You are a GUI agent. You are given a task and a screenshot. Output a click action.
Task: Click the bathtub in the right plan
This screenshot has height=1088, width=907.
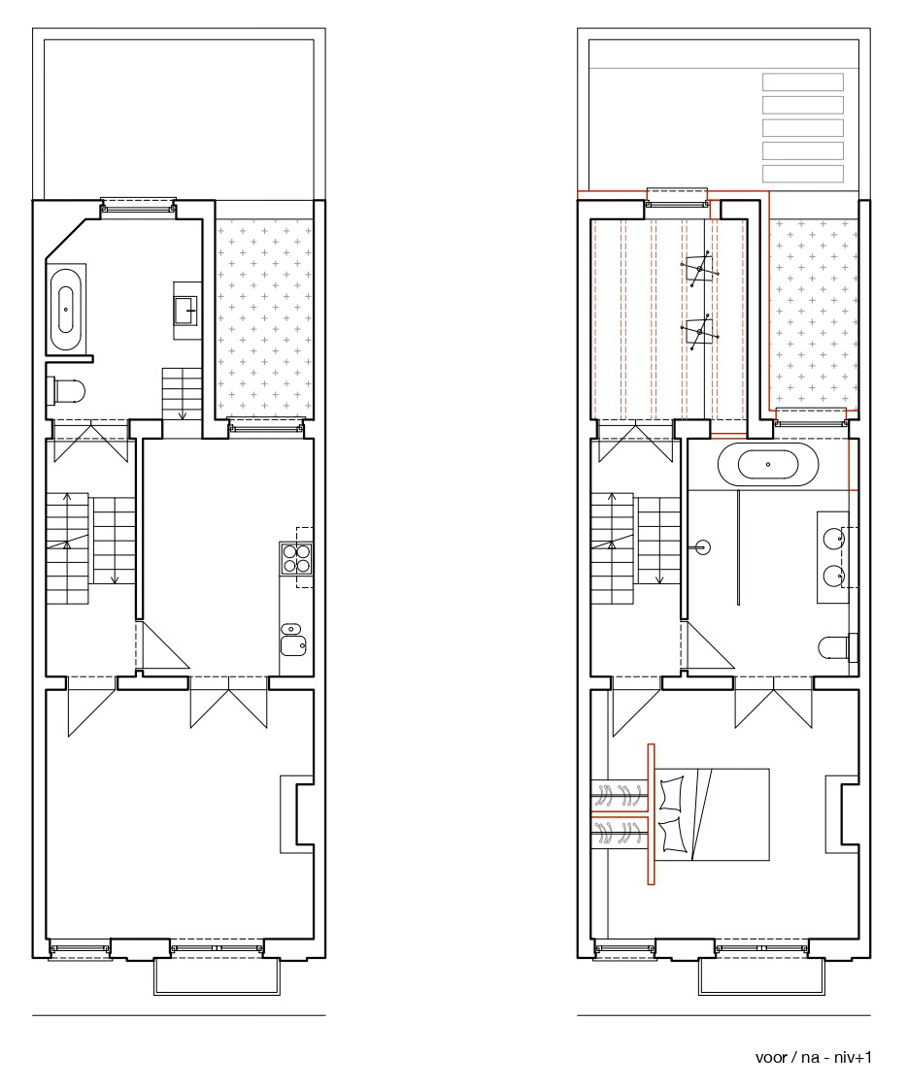[767, 464]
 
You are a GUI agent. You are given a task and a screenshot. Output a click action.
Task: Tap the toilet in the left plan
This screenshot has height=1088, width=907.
[67, 391]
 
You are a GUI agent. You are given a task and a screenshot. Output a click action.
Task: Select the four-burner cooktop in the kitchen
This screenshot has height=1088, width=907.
[296, 559]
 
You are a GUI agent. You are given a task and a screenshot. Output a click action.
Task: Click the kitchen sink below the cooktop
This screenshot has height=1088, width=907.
[294, 639]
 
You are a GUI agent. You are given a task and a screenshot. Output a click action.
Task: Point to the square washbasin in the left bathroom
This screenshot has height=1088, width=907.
[186, 311]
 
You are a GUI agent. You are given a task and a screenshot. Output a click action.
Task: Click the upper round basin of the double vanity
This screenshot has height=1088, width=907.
[833, 538]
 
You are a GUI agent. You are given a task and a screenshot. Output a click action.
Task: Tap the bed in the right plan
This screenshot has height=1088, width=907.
[712, 814]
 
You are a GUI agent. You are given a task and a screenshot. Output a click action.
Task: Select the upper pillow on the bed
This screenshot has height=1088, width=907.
[672, 794]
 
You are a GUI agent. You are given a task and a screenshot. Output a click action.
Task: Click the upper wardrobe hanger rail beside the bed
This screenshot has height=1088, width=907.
[620, 795]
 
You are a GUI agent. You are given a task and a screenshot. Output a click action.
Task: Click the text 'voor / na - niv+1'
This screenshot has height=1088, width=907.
[813, 1058]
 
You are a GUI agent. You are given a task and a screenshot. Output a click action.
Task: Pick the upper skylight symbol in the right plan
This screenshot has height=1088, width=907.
[699, 267]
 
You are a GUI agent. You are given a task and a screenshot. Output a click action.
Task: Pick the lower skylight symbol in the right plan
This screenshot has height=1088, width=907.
[699, 332]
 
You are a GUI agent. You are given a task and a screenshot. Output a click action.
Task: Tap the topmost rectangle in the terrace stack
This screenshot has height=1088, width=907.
[803, 82]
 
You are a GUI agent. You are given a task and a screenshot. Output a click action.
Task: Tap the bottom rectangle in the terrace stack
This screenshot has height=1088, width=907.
[803, 174]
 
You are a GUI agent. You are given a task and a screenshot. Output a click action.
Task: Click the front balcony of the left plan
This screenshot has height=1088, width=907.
[217, 977]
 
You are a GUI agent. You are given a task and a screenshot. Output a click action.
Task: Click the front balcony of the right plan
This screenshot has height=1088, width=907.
[762, 977]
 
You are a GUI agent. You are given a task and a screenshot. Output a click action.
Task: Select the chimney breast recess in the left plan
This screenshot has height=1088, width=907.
[296, 814]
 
